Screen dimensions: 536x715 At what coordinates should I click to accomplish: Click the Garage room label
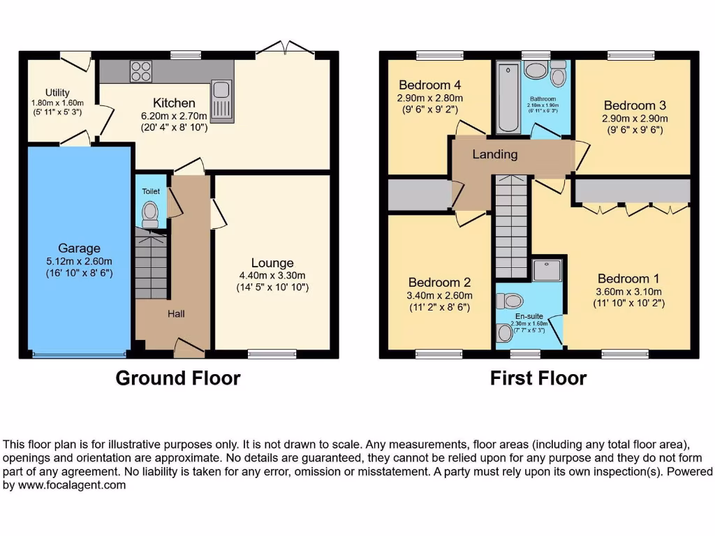coord(79,248)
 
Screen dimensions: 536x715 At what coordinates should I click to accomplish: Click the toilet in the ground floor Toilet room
coord(150,213)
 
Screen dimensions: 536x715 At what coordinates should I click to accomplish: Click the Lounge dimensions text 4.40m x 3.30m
coord(272,275)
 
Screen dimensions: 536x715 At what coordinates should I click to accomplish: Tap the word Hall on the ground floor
coord(176,314)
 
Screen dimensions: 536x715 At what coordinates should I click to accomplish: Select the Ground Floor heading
coord(177,378)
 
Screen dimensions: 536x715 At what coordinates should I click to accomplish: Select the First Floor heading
coord(538,378)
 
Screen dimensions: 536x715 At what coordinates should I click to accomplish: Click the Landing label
coord(495,154)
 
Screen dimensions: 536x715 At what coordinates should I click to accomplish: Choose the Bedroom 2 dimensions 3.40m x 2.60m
coord(440,295)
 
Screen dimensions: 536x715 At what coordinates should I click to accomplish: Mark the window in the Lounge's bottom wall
coord(272,355)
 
